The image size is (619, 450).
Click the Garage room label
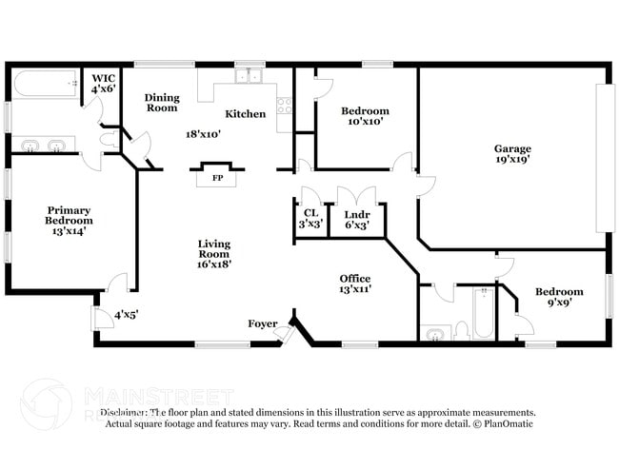(511, 154)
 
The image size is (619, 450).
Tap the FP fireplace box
(217, 177)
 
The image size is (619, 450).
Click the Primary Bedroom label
(70, 220)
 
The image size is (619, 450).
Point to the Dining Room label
(162, 103)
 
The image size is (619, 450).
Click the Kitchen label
(245, 114)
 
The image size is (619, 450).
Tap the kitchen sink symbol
(250, 75)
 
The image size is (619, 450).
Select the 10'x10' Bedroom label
(366, 117)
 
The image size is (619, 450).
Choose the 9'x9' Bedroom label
(557, 298)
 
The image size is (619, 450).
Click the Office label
(355, 284)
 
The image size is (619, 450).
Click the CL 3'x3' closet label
(310, 219)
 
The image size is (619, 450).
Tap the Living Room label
(214, 254)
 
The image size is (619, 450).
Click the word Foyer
(262, 323)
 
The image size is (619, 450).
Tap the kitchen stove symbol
(284, 107)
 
